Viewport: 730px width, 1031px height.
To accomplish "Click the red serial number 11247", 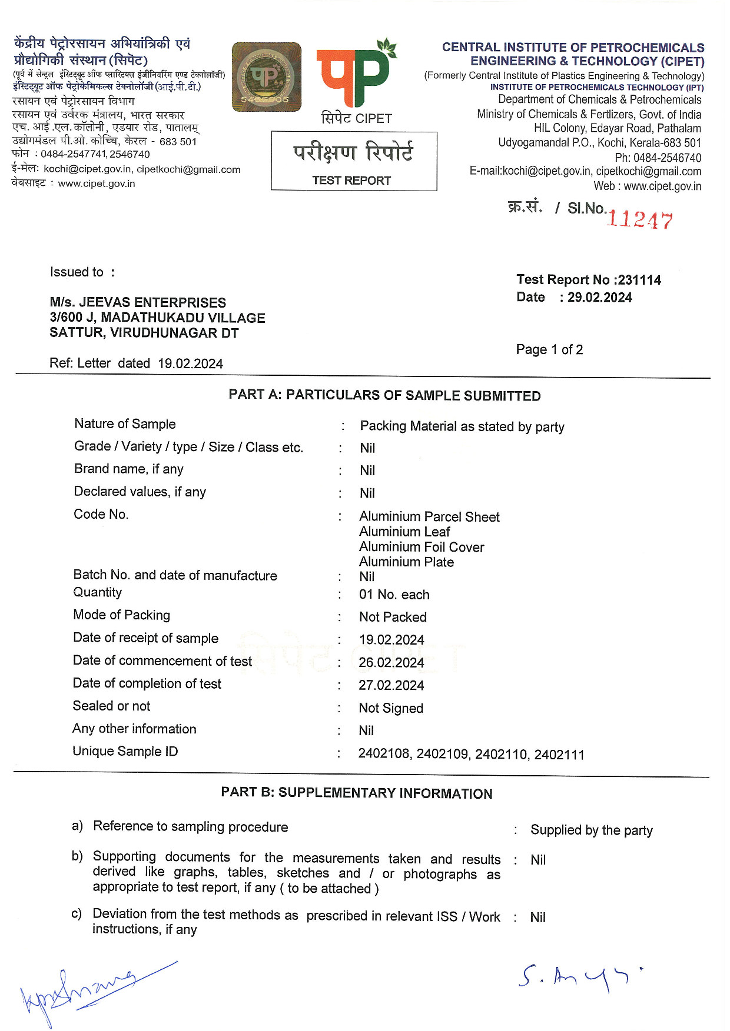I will coord(639,219).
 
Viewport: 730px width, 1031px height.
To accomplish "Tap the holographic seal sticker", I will coord(266,77).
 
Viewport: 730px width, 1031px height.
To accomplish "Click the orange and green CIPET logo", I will coord(355,74).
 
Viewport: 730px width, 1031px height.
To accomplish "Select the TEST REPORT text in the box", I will coord(351,181).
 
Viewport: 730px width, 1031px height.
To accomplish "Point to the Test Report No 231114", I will coord(589,280).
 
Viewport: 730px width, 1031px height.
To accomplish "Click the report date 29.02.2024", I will coord(599,298).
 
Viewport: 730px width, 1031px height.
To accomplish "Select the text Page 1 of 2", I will coord(549,350).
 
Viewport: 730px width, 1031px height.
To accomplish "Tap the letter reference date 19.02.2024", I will coord(190,363).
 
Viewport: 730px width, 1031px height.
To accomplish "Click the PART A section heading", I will coord(384,395).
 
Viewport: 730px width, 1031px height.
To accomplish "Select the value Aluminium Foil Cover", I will coord(422,547).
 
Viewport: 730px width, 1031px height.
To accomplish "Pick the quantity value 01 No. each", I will coord(394,595).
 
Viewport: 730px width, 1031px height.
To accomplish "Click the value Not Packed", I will coord(393,617).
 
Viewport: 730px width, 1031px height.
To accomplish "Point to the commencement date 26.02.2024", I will coord(391,663).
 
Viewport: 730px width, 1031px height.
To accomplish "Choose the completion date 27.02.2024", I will coord(391,685).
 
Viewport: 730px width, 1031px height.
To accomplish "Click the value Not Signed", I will coord(391,708).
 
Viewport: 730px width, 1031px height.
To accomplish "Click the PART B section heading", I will coord(356,793).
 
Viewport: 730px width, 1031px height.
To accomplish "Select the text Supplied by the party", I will coord(591,830).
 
